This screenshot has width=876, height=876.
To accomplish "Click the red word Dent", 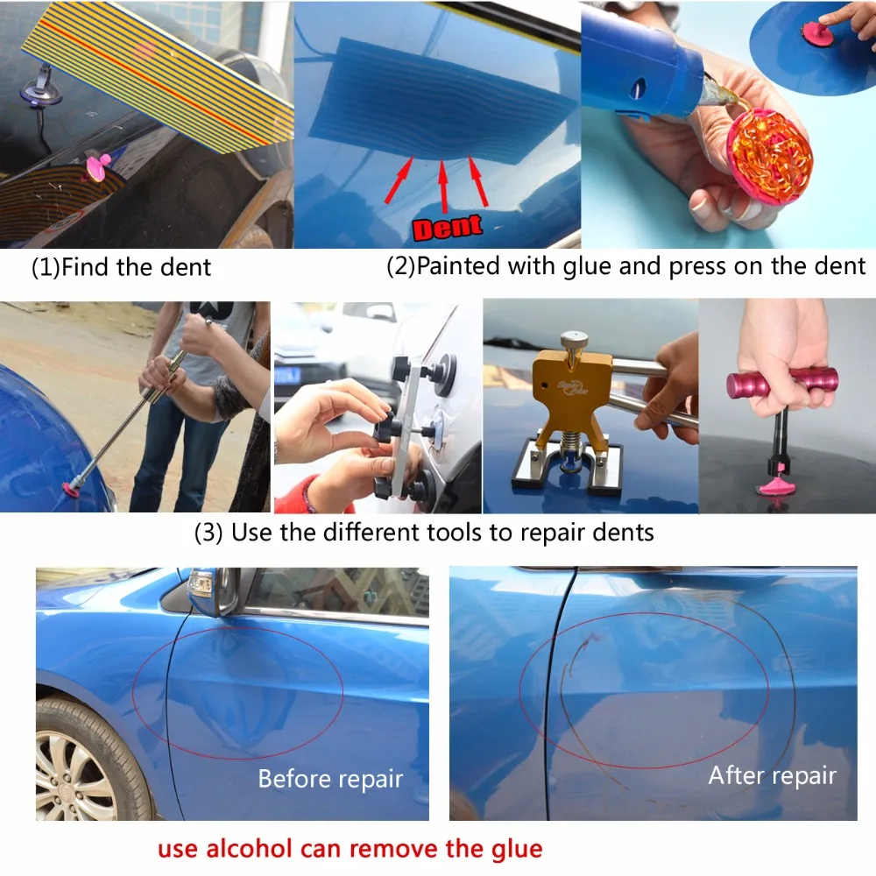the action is coord(447,227).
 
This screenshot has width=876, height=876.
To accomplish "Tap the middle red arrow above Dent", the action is coord(443,185).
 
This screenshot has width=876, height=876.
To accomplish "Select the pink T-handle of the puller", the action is coord(782,384).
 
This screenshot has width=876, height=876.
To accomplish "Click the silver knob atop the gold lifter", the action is coord(575,339).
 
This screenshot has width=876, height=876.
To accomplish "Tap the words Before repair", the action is coord(330,779).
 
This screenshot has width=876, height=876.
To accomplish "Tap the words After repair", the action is coord(772,775).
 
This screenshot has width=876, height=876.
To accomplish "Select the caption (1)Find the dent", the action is coord(121,267).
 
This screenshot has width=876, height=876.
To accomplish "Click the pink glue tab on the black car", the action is coord(98,167).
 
